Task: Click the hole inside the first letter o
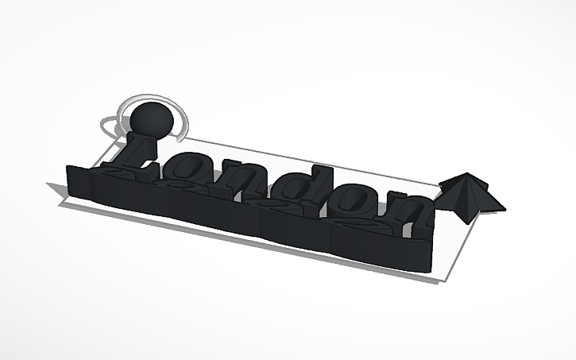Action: pos(191,170)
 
